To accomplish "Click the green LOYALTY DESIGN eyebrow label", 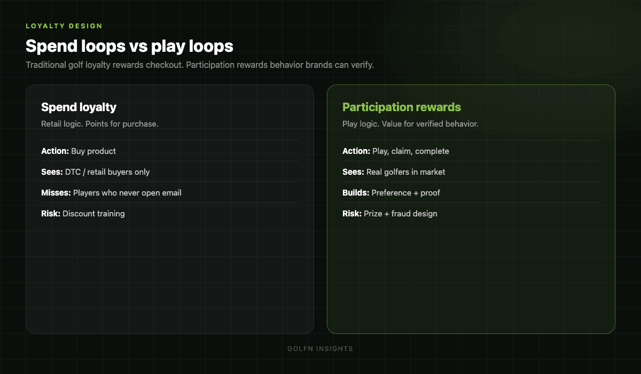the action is coord(64,26).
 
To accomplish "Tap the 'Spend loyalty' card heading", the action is coord(79,107).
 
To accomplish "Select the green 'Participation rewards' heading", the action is coord(402,107).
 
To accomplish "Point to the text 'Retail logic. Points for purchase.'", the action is coord(99,124).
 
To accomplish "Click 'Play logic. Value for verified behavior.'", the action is coord(410,124).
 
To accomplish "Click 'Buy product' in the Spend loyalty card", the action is coord(93,151).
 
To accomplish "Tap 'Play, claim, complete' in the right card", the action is coord(411,151).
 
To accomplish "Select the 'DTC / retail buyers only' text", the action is coord(107,172).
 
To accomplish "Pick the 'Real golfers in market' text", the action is coord(406,172).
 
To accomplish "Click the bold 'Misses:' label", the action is coord(56,193).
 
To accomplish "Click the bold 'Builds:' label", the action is coord(356,193).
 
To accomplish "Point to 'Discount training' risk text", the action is coord(93,214).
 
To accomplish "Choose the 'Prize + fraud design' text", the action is coord(400,214).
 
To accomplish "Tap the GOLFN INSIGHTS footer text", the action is coord(320,349).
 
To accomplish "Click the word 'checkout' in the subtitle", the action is coord(164,65).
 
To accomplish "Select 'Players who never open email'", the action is coord(127,193).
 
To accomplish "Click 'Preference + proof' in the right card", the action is coord(406,193).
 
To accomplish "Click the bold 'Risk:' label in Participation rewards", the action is coord(352,214).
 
